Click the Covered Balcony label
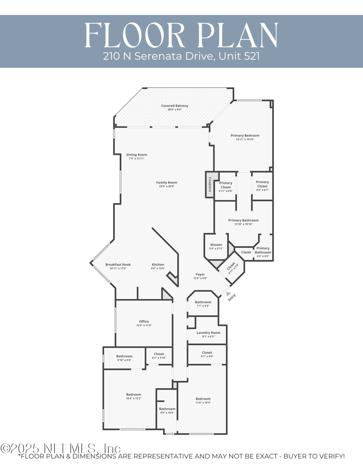tap(175, 106)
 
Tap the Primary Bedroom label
tap(245, 135)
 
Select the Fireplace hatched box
tap(210, 185)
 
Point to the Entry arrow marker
tap(228, 294)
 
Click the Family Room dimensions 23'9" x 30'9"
tap(167, 187)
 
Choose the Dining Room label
tap(137, 155)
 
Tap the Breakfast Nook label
tap(118, 264)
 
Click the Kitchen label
tap(158, 264)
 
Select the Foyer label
tap(200, 274)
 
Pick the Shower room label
tap(216, 245)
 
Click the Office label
tap(144, 322)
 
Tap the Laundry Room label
tap(208, 332)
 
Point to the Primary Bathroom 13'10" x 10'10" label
tap(243, 220)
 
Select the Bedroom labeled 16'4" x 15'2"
tap(133, 395)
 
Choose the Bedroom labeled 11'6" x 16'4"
tap(203, 399)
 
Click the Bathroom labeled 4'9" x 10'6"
tap(167, 409)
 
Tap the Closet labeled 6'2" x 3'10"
tap(159, 354)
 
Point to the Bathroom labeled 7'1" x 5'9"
tap(203, 302)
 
